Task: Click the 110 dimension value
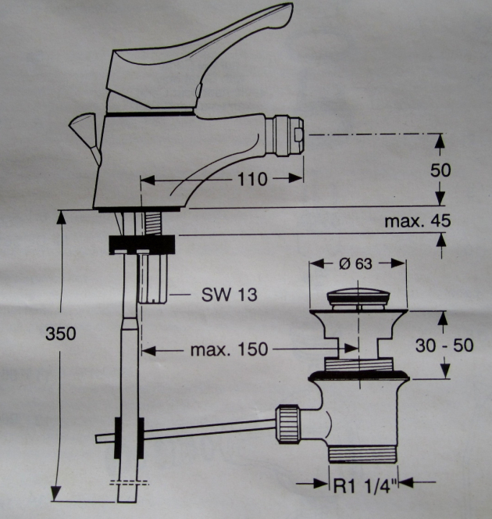point(252,179)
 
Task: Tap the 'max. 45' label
point(417,221)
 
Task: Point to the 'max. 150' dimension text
point(228,349)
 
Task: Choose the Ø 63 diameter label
point(357,263)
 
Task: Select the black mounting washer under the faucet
point(144,243)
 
